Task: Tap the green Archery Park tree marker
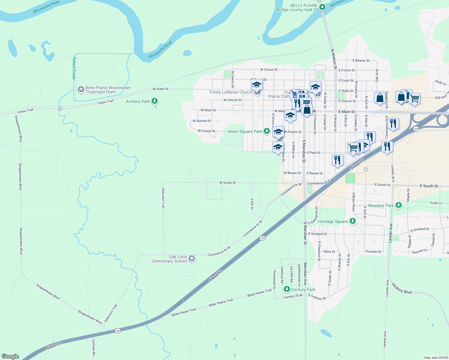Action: tap(155, 101)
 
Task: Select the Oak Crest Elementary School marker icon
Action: tap(192, 259)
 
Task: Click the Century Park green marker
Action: tap(287, 289)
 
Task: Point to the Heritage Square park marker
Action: tap(353, 221)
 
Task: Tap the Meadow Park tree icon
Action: tap(398, 205)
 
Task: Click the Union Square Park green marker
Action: tap(267, 131)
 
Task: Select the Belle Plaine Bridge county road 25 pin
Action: tap(322, 7)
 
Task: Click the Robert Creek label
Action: tap(74, 68)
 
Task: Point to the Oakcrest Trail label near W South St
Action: tap(163, 198)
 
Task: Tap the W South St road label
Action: tap(228, 183)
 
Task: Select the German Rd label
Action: tap(93, 347)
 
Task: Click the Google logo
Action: tap(10, 356)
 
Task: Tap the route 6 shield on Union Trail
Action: tap(60, 109)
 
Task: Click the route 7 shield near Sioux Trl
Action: tap(366, 169)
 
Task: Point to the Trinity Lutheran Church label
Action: tap(231, 92)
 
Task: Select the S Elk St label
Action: tap(252, 204)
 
